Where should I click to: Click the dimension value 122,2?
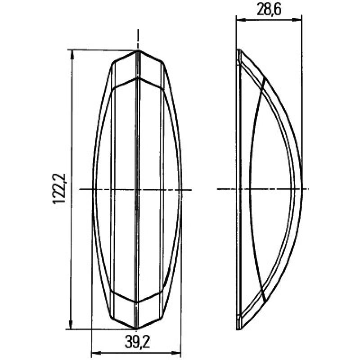pos(59,189)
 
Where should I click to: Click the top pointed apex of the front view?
pos(137,50)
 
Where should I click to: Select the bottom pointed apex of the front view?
pos(136,328)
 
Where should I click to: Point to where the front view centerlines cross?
pos(137,189)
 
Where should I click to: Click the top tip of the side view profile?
pos(238,50)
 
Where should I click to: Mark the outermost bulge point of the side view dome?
pos(301,189)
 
